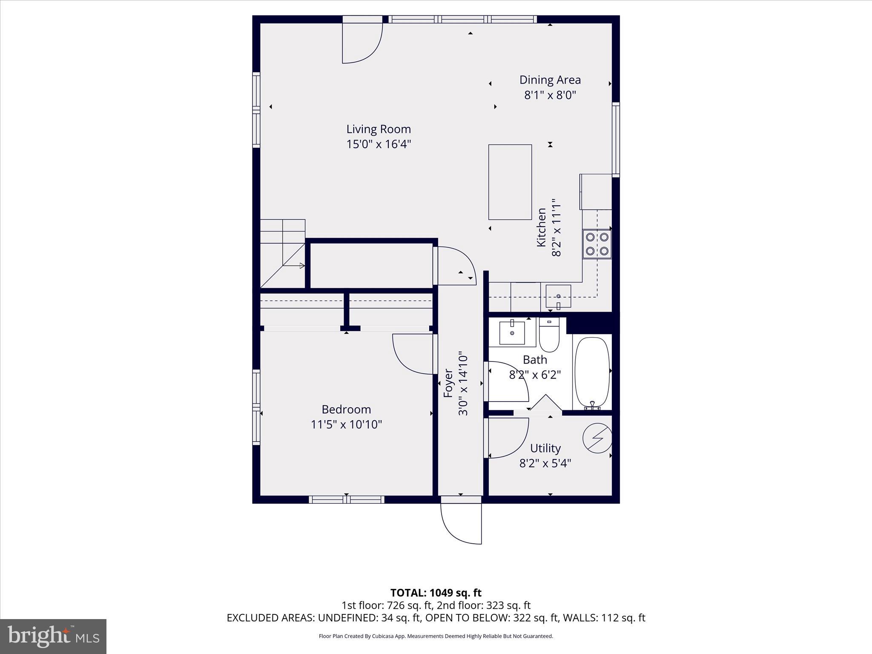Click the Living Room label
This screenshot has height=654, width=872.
pyautogui.click(x=378, y=129)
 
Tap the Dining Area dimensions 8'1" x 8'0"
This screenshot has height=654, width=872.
pyautogui.click(x=550, y=95)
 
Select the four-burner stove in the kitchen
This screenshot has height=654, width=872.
pyautogui.click(x=597, y=244)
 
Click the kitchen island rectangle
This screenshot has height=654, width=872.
pyautogui.click(x=510, y=182)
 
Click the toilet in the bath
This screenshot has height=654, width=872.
pyautogui.click(x=549, y=336)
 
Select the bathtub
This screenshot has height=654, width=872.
pyautogui.click(x=592, y=373)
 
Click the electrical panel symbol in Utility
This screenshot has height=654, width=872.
pyautogui.click(x=597, y=438)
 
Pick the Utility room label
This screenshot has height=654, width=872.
pyautogui.click(x=545, y=448)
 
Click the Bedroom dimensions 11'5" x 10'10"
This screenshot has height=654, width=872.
pyautogui.click(x=346, y=425)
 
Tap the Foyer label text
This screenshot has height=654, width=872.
pyautogui.click(x=448, y=383)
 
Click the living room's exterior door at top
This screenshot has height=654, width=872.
pyautogui.click(x=362, y=43)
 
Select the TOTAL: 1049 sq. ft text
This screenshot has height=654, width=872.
pyautogui.click(x=436, y=593)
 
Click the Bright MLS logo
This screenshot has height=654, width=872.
pyautogui.click(x=53, y=636)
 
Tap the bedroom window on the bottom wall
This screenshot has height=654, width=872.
pyautogui.click(x=346, y=499)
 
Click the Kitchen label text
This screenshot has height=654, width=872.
pyautogui.click(x=541, y=227)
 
